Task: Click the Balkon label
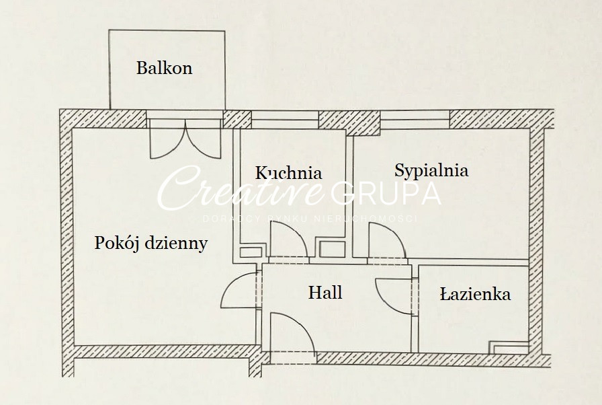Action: [x=164, y=68]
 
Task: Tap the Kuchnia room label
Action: [x=288, y=173]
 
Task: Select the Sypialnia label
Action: [x=431, y=170]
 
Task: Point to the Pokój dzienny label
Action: [x=150, y=243]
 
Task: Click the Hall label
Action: [x=325, y=293]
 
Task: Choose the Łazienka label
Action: [x=475, y=294]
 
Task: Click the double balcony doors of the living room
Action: [x=185, y=140]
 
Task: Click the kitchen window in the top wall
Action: [x=284, y=120]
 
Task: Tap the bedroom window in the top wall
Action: [x=415, y=120]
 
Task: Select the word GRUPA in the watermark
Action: [x=386, y=193]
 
